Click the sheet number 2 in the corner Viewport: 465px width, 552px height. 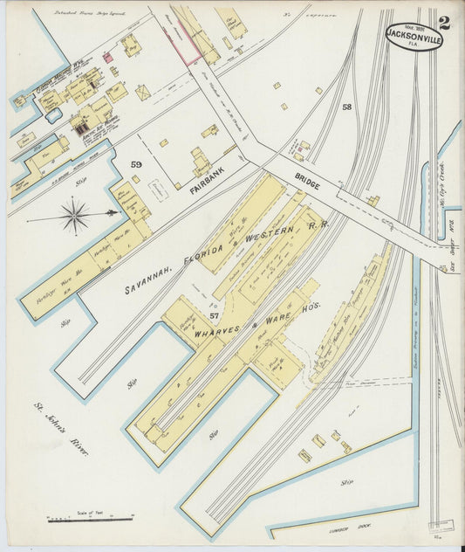[x=444, y=22]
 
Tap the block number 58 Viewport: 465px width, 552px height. [x=346, y=107]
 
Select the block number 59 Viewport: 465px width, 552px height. [x=136, y=163]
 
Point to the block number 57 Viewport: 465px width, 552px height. [x=214, y=314]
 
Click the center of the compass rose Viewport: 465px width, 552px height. [x=74, y=214]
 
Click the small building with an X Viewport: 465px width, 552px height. [x=142, y=92]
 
